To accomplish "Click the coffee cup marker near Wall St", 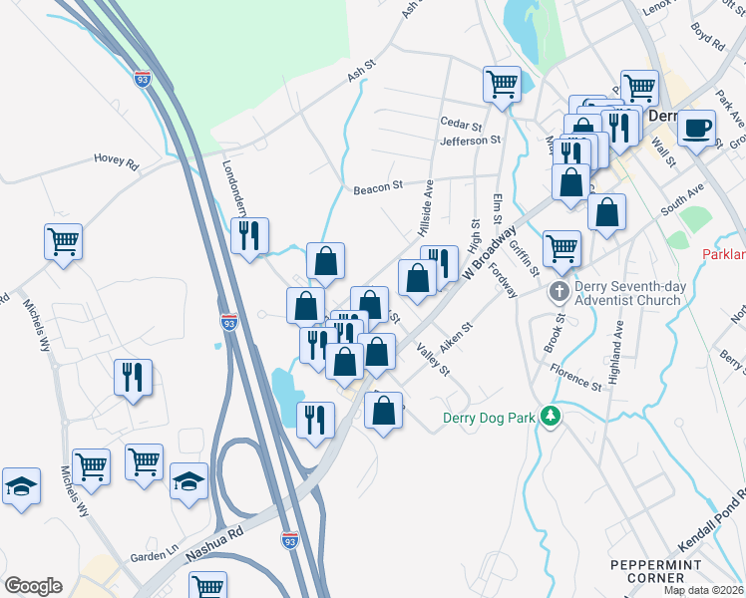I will point(696,128).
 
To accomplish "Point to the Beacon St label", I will point(377,185).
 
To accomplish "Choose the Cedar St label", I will point(461,126).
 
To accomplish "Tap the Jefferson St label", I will point(470,141).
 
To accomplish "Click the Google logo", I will point(33,586).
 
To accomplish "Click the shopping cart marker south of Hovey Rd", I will point(63,241).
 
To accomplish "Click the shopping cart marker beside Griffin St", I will point(561,247).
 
